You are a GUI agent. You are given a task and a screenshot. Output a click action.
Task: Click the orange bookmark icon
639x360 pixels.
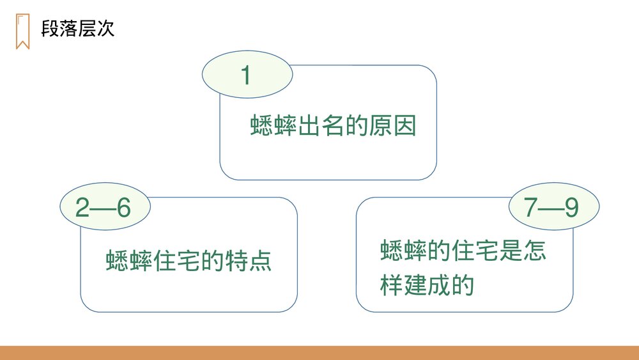click(x=22, y=31)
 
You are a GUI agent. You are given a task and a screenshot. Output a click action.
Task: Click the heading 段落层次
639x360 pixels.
click(x=77, y=29)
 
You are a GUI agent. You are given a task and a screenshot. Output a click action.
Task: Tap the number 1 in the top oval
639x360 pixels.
click(x=246, y=75)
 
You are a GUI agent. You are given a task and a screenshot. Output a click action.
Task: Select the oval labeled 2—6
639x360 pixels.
click(x=103, y=208)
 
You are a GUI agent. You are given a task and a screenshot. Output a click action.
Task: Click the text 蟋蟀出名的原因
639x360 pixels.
click(x=333, y=126)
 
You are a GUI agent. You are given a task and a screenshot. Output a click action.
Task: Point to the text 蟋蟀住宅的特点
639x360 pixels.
click(x=189, y=261)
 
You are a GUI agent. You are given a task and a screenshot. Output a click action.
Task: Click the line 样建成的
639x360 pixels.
click(x=426, y=285)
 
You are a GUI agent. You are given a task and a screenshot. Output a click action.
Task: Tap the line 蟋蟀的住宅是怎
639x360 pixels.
click(x=463, y=251)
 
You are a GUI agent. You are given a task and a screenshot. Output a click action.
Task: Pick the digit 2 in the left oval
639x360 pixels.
click(x=82, y=208)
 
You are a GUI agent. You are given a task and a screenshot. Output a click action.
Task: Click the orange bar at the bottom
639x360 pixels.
click(x=319, y=353)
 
